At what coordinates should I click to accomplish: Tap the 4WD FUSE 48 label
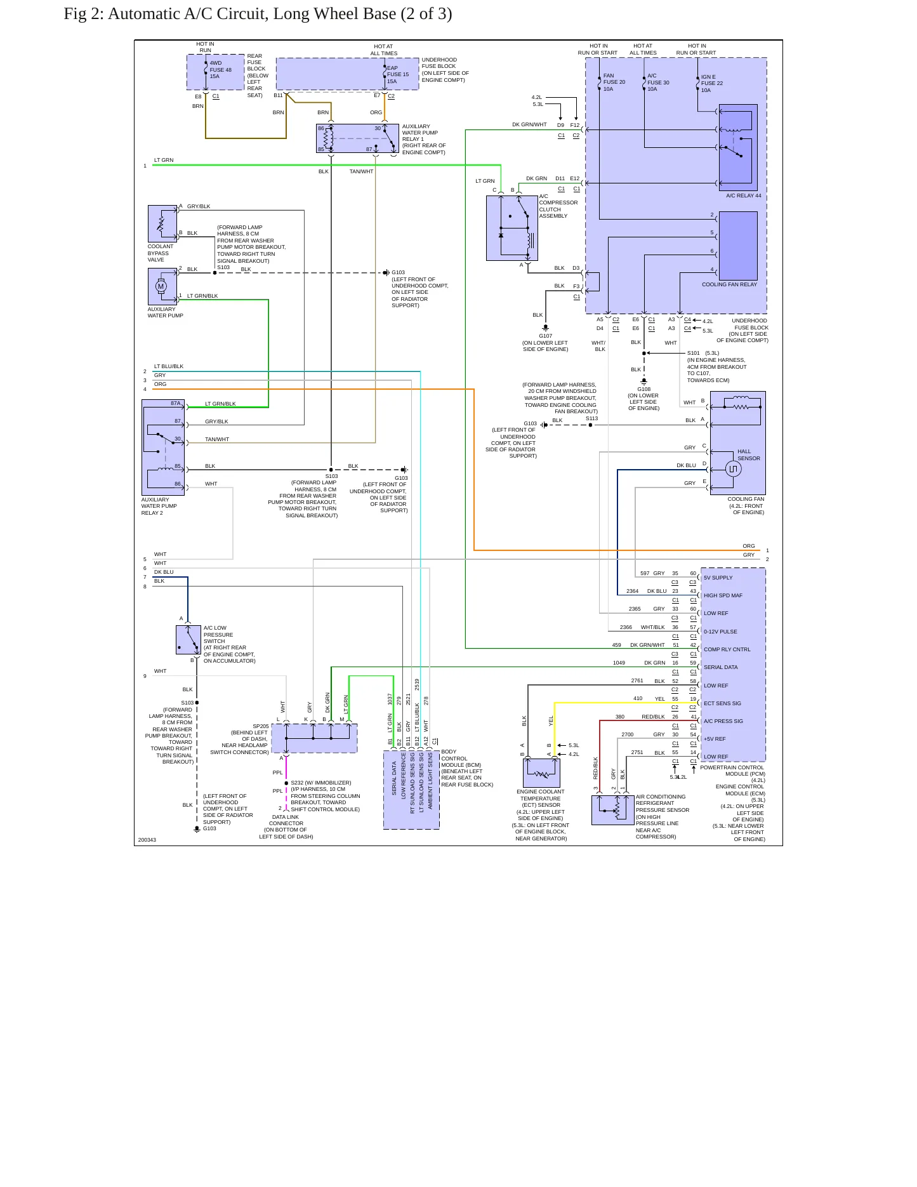tap(220, 70)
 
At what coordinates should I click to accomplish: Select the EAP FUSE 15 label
tap(398, 74)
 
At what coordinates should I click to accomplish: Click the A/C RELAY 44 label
tap(743, 196)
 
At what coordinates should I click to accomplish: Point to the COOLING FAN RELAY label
tap(729, 284)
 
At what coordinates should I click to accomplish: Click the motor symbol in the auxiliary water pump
tap(161, 286)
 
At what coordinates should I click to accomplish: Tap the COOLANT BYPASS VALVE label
tap(160, 253)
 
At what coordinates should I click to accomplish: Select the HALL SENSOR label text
tap(748, 455)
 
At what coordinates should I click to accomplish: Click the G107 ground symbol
tap(545, 328)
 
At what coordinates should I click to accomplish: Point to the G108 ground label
tap(643, 389)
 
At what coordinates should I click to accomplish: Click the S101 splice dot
tap(644, 353)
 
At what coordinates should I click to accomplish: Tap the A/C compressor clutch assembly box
tap(511, 228)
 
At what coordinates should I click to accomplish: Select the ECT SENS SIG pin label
tap(722, 703)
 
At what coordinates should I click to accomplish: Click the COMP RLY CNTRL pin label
tap(727, 649)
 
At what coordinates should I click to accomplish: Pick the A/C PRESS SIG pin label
tap(723, 721)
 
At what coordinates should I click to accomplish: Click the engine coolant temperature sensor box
tap(541, 773)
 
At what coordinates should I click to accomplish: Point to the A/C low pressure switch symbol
tap(188, 640)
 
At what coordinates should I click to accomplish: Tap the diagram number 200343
tap(147, 840)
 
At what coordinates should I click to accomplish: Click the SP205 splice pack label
tap(261, 726)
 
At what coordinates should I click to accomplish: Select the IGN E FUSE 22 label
tap(711, 83)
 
